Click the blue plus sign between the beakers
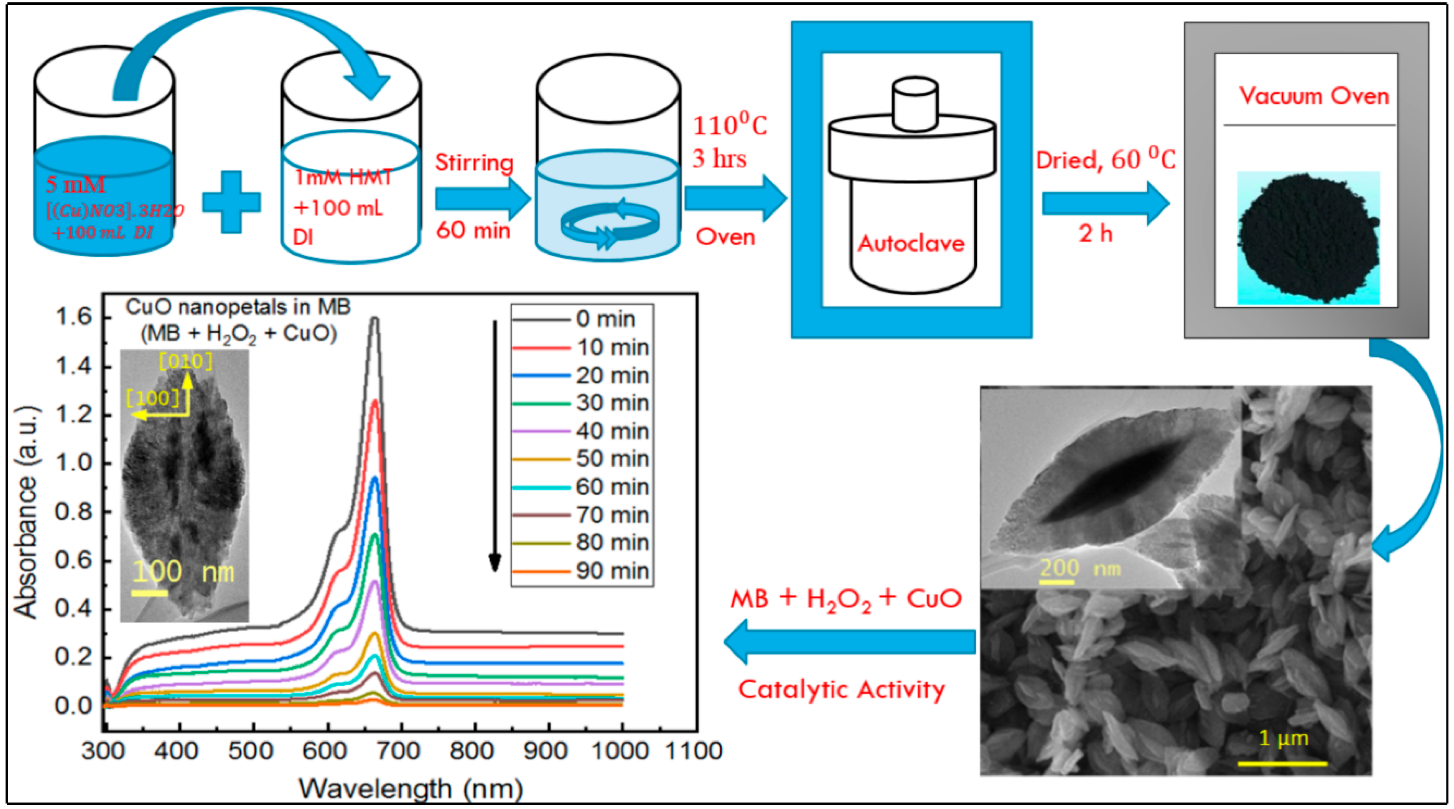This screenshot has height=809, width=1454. [231, 202]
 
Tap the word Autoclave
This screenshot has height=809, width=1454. [911, 243]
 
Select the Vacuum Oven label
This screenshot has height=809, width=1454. [1314, 96]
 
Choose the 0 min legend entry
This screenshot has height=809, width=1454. [605, 319]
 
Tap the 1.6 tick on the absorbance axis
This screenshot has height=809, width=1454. [73, 317]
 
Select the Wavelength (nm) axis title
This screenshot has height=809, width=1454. [410, 788]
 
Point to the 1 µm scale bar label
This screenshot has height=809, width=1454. [1283, 738]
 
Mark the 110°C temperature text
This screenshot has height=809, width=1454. [729, 125]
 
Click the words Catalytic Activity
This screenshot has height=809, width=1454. [841, 689]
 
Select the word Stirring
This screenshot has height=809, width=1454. [474, 162]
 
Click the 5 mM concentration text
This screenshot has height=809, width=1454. [76, 185]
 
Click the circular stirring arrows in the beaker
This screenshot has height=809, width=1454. [610, 223]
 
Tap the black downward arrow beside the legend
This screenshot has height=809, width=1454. [495, 446]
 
